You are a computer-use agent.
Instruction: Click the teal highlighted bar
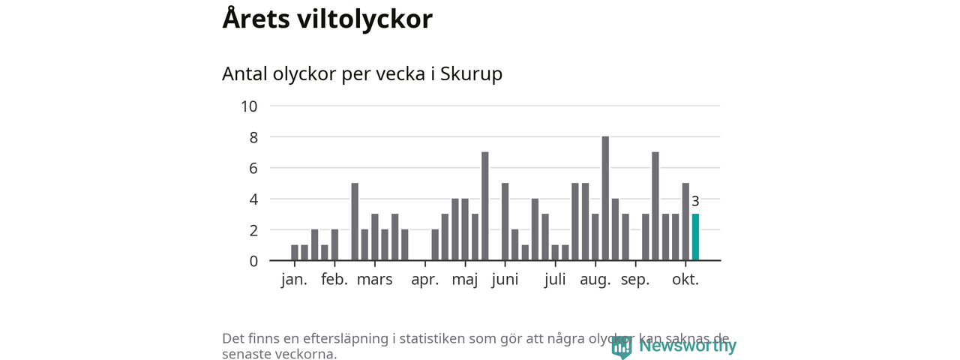point(695,237)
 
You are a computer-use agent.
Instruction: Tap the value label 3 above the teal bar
point(695,201)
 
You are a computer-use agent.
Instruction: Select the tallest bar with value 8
point(605,198)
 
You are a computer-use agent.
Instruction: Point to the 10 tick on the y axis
point(249,106)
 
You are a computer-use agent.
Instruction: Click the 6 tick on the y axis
point(253,168)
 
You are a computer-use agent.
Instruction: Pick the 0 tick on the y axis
point(253,261)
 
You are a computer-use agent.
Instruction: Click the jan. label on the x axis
point(295,280)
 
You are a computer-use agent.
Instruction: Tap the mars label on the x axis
point(374,280)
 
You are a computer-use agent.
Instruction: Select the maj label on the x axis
point(466,280)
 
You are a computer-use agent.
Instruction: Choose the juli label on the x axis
point(556,280)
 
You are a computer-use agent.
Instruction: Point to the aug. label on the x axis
point(595,280)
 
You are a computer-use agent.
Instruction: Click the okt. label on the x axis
point(685,280)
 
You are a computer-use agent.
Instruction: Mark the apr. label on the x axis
point(425,280)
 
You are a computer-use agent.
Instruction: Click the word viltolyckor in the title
point(366,19)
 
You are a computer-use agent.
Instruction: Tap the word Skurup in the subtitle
point(471,74)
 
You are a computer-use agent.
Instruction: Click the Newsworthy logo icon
point(622,346)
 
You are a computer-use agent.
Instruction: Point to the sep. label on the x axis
point(635,280)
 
